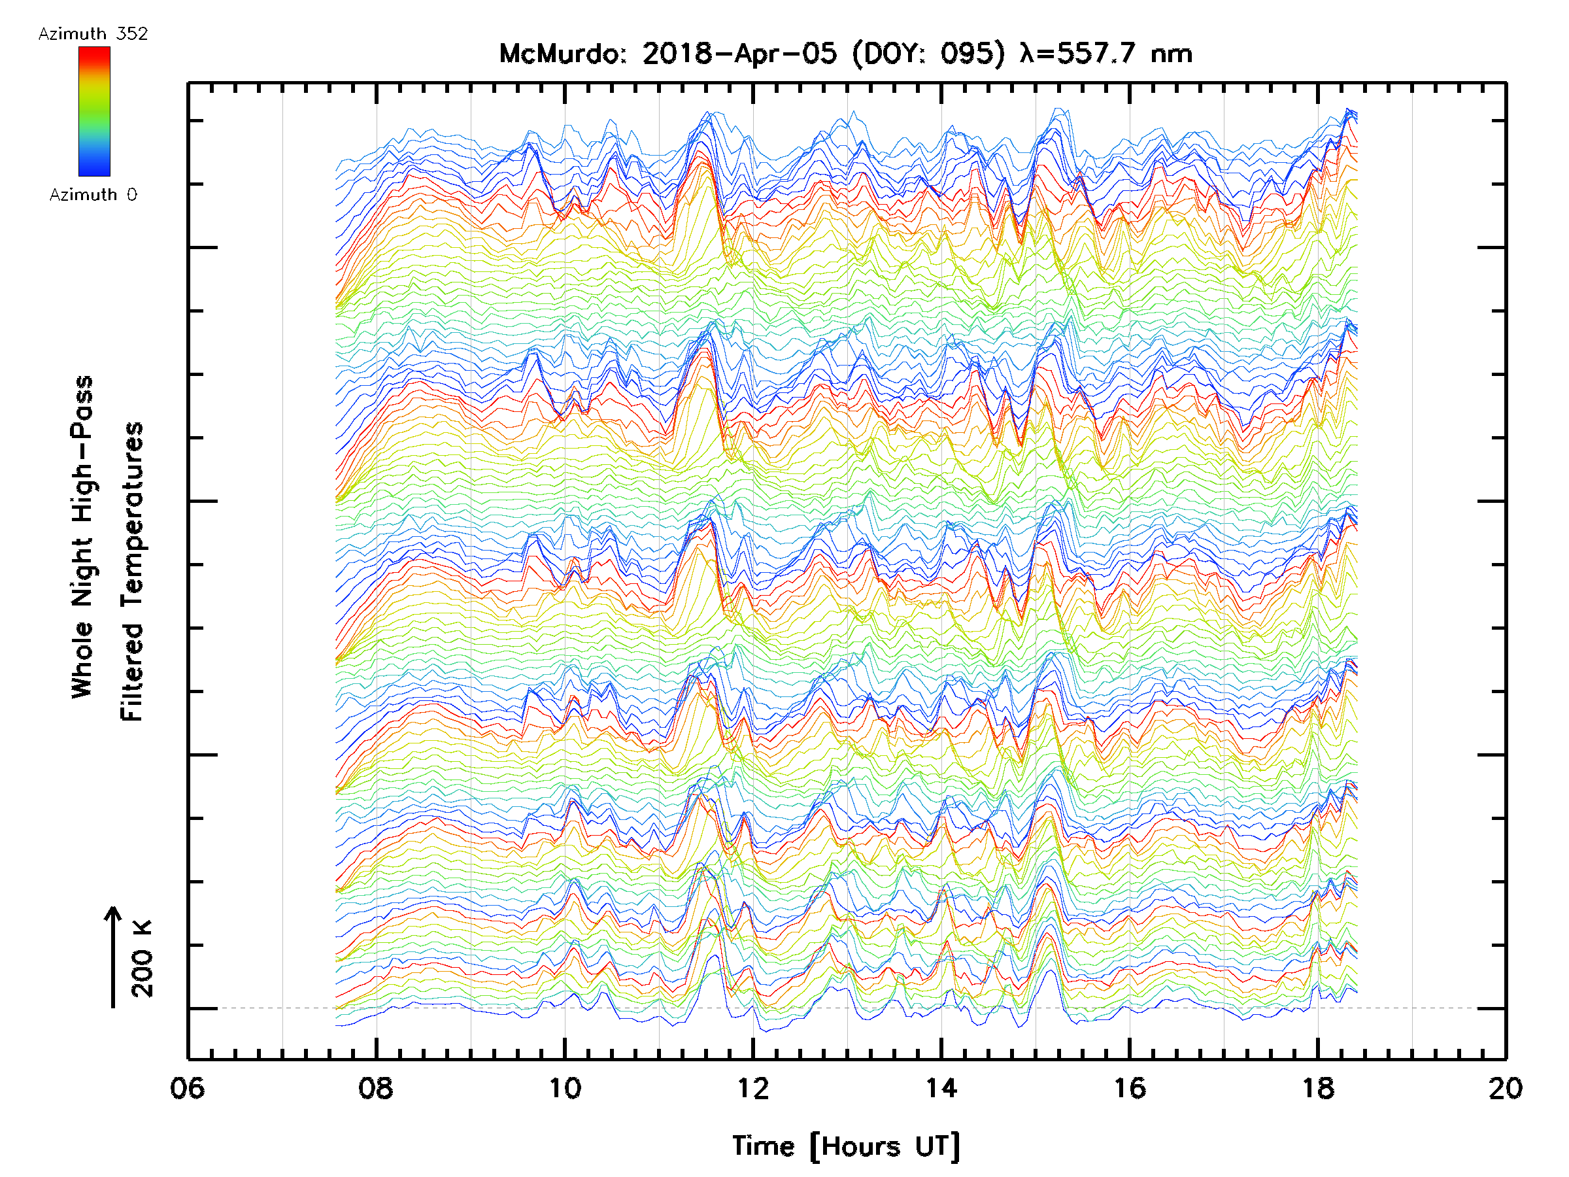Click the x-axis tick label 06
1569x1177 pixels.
click(187, 1087)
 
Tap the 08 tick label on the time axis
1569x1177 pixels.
click(376, 1087)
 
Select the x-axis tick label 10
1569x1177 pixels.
click(565, 1087)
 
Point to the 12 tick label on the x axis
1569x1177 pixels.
click(752, 1087)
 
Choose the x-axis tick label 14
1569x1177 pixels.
click(941, 1087)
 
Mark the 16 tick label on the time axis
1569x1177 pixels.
click(1129, 1087)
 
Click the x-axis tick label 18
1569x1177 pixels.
click(1318, 1087)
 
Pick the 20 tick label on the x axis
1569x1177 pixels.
click(1505, 1087)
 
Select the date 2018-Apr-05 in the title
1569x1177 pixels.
click(739, 54)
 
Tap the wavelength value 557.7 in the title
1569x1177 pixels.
click(1096, 54)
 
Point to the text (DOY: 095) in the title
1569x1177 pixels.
click(928, 54)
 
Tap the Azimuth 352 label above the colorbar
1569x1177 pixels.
click(93, 34)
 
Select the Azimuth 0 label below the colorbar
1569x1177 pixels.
click(93, 194)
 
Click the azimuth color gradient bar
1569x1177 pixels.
click(94, 111)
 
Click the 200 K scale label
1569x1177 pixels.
click(143, 959)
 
